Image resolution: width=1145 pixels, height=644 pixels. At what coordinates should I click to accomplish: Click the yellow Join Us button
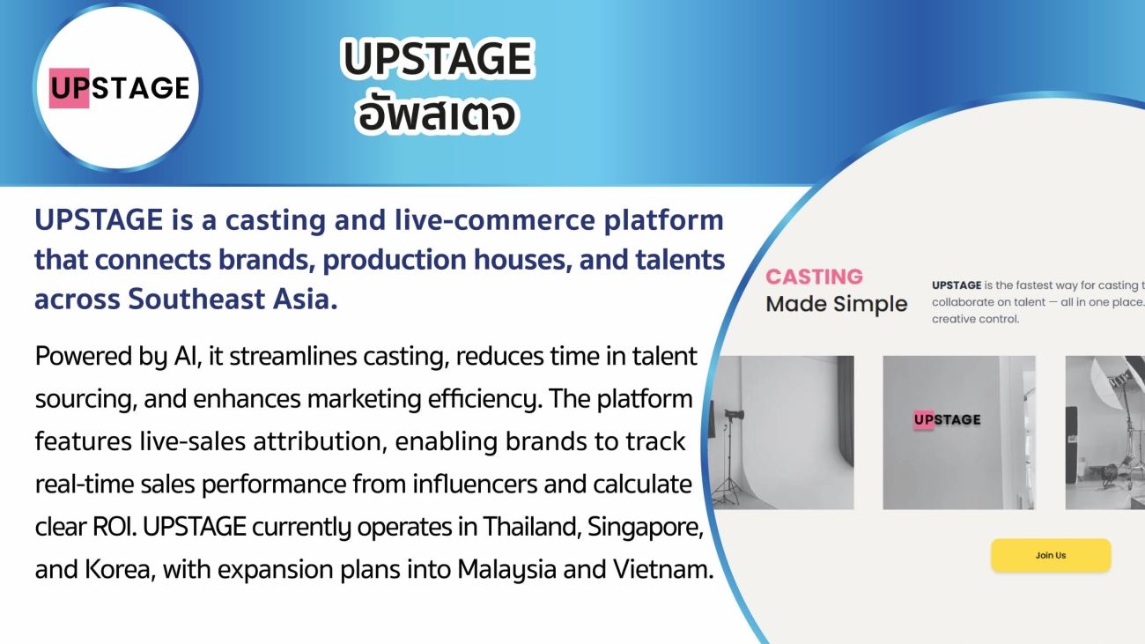[x=1051, y=555]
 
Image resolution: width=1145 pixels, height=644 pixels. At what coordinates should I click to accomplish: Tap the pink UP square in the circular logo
[x=69, y=88]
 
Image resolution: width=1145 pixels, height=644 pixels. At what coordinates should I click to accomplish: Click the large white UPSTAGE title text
[x=437, y=60]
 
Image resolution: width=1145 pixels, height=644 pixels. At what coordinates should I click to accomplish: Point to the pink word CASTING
[x=814, y=277]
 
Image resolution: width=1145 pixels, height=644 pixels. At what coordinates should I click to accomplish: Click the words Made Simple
[x=836, y=305]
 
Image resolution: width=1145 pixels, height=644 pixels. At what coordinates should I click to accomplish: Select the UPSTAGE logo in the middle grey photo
[x=947, y=420]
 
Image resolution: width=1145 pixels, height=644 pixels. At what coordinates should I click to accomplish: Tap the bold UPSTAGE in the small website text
[x=957, y=285]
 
